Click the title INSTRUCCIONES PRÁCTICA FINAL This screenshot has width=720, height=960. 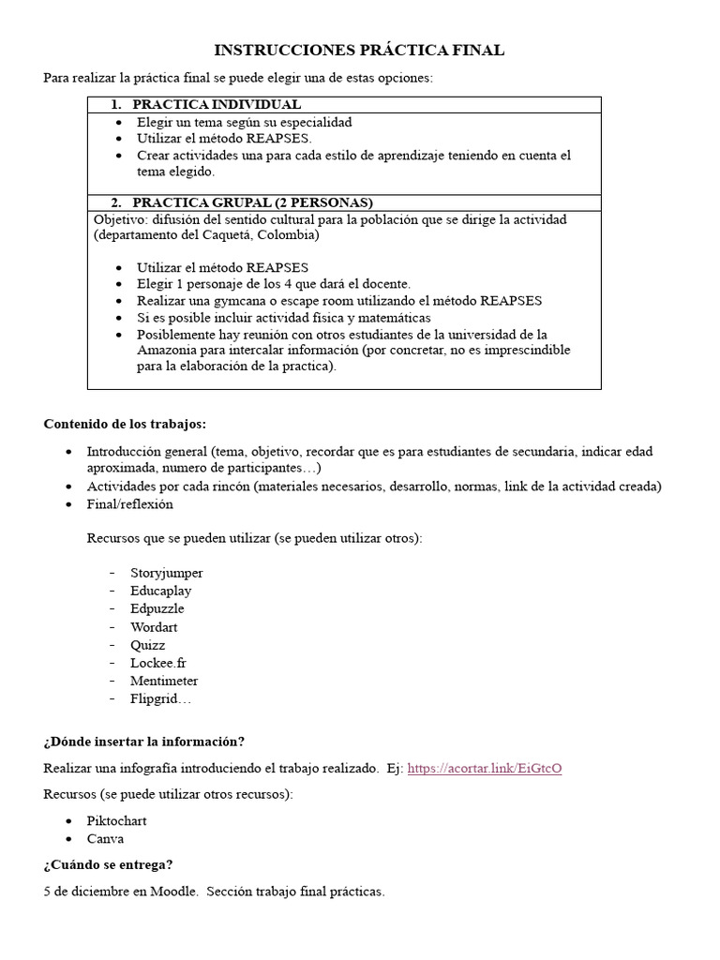pyautogui.click(x=359, y=51)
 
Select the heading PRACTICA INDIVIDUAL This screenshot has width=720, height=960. pyautogui.click(x=217, y=105)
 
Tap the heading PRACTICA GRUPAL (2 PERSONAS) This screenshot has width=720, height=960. pyautogui.click(x=252, y=202)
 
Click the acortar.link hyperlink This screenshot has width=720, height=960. pyautogui.click(x=485, y=768)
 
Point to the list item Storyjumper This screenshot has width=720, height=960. pyautogui.click(x=167, y=573)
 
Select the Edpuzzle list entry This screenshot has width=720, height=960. pyautogui.click(x=157, y=608)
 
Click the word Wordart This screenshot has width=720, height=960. pyautogui.click(x=154, y=626)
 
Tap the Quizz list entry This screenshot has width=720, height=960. pyautogui.click(x=147, y=645)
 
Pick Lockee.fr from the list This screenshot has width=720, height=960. pyautogui.click(x=158, y=663)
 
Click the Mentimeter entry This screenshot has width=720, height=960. pyautogui.click(x=164, y=681)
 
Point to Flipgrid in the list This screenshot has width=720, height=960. pyautogui.click(x=160, y=698)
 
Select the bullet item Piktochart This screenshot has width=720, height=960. pyautogui.click(x=116, y=821)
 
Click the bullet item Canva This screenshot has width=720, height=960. pyautogui.click(x=105, y=839)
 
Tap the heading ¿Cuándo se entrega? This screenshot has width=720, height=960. pyautogui.click(x=108, y=865)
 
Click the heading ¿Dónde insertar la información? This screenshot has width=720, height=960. pyautogui.click(x=143, y=742)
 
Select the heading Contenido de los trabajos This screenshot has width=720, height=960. pyautogui.click(x=125, y=424)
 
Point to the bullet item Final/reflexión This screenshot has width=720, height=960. pyautogui.click(x=130, y=504)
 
